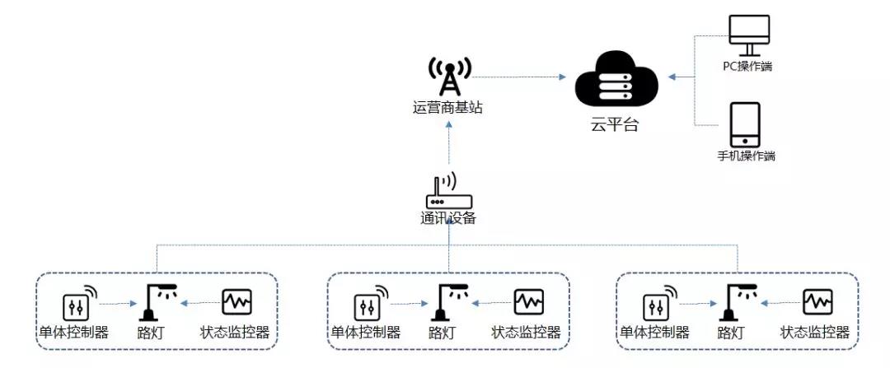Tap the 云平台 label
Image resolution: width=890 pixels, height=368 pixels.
(x=615, y=126)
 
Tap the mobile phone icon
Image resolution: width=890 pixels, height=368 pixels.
(x=746, y=124)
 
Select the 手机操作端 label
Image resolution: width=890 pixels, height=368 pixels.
(x=747, y=156)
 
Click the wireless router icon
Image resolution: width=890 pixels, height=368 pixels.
(x=447, y=194)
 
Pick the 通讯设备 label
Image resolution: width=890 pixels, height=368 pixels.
(x=447, y=219)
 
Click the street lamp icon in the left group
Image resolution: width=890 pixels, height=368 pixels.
(x=154, y=302)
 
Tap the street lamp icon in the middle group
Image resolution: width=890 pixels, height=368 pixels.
(x=446, y=302)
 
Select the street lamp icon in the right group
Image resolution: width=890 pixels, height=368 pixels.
(x=735, y=302)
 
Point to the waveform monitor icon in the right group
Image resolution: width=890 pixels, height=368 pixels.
(x=817, y=301)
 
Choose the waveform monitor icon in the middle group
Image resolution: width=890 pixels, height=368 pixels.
(x=528, y=301)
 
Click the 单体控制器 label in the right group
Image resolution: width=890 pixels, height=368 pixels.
(x=653, y=333)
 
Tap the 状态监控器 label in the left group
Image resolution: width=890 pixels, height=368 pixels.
(x=236, y=333)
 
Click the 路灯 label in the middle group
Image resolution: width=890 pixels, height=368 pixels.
(x=442, y=333)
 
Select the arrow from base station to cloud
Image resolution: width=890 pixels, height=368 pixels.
(x=519, y=77)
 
